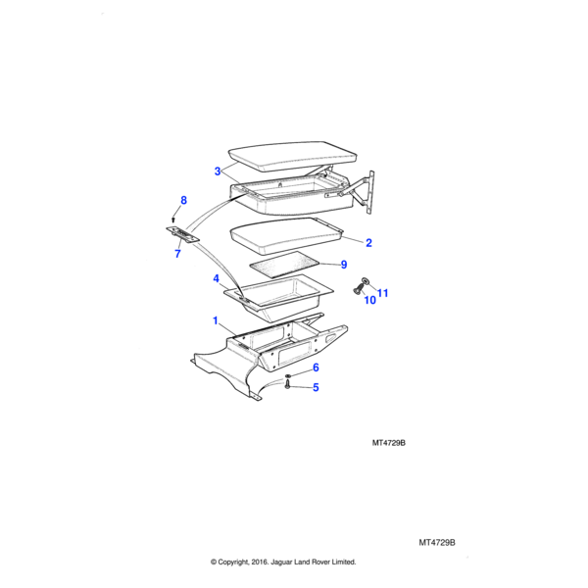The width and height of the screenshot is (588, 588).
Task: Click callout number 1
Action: click(x=216, y=320)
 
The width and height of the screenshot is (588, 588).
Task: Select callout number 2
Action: click(x=369, y=242)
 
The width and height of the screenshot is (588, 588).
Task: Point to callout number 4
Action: click(x=216, y=279)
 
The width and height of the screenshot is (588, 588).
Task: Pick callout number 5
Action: click(x=316, y=387)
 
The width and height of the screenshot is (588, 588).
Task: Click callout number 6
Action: click(x=316, y=367)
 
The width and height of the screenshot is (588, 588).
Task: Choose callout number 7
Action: click(x=177, y=254)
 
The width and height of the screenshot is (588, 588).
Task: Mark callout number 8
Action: click(x=182, y=201)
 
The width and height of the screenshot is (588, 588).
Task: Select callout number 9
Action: click(x=343, y=265)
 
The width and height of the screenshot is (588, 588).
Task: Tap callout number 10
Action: click(x=369, y=301)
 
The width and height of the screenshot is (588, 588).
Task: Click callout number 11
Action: click(x=383, y=293)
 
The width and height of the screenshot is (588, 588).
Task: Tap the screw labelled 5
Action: click(x=288, y=387)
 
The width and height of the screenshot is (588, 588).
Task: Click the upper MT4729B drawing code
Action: click(x=389, y=443)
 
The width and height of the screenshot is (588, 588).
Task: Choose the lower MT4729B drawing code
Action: click(x=438, y=542)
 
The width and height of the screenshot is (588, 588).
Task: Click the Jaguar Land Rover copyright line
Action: click(x=283, y=563)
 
